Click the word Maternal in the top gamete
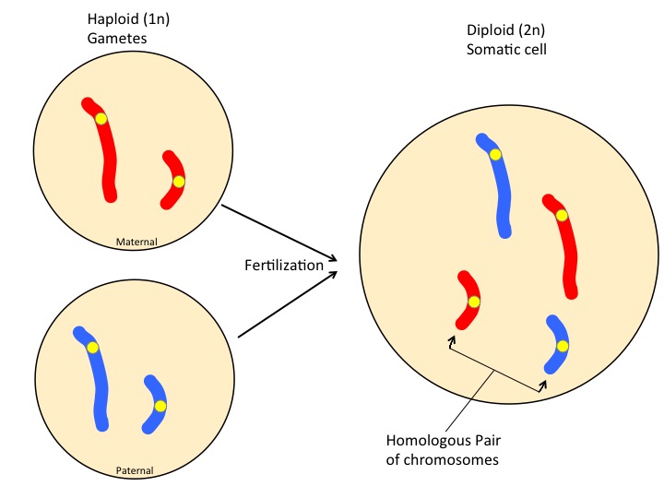(x=136, y=243)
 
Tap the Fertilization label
(x=284, y=266)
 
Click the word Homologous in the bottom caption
(x=429, y=440)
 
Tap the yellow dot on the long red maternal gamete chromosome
(x=101, y=119)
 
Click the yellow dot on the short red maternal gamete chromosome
(x=179, y=182)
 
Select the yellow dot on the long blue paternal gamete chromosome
(x=92, y=348)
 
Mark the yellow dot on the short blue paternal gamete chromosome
(x=160, y=406)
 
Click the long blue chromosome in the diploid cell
(x=501, y=194)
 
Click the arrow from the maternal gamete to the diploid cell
(x=277, y=231)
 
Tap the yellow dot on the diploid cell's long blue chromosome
(x=495, y=154)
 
